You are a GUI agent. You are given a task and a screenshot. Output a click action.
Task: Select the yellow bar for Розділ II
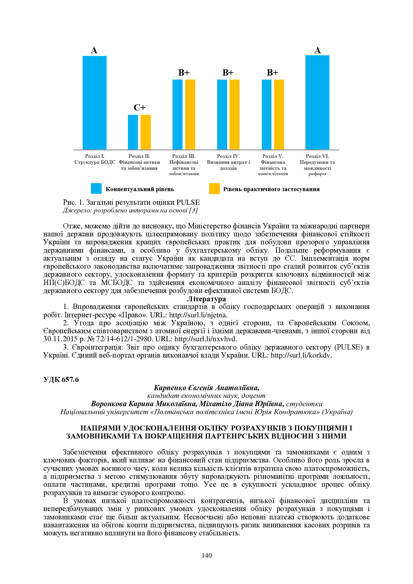tap(146, 132)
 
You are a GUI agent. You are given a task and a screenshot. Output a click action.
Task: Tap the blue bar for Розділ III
tap(178, 115)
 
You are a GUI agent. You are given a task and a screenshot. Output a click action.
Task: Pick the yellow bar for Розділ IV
tap(234, 115)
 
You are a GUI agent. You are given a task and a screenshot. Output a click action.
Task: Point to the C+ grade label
tap(140, 108)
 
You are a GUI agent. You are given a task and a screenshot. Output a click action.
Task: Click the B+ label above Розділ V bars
tap(272, 73)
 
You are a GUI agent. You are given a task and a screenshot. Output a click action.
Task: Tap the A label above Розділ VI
tap(317, 50)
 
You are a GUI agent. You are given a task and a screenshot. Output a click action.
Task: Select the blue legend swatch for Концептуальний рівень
tap(96, 188)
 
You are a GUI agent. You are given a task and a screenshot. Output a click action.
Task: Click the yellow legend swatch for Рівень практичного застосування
tap(214, 188)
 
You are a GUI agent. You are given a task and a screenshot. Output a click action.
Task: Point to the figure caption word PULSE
tap(188, 202)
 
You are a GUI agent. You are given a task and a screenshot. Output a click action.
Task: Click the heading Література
tap(206, 299)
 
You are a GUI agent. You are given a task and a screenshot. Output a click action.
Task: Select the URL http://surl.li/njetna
tap(198, 315)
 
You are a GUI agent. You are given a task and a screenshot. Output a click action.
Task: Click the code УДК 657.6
tap(61, 380)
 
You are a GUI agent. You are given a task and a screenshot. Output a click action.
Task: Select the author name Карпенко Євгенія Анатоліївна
tap(206, 388)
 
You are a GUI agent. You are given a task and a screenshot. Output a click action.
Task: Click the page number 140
tap(206, 555)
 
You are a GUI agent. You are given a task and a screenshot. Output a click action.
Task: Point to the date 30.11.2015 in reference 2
tap(60, 339)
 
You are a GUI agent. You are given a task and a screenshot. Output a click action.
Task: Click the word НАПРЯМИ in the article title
tap(100, 428)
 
